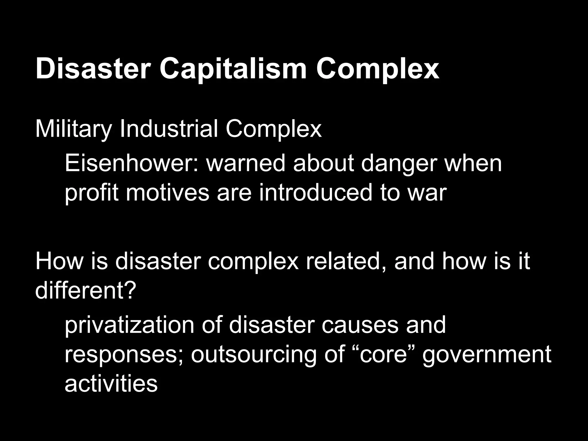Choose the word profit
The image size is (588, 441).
(91, 193)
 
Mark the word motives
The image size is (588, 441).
(168, 193)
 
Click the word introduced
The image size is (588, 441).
(316, 193)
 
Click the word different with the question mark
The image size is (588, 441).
(85, 290)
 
